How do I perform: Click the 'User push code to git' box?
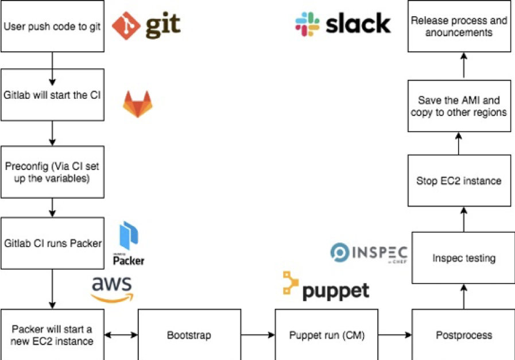(x=52, y=26)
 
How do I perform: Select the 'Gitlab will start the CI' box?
(x=52, y=95)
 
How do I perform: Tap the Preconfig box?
(x=52, y=172)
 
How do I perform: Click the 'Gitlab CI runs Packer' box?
(x=52, y=243)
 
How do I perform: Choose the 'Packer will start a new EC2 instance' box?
(x=52, y=335)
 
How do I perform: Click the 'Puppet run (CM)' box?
(x=326, y=335)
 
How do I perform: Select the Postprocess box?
(x=463, y=335)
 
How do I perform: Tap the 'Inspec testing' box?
(x=463, y=258)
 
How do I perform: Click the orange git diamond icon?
(x=126, y=25)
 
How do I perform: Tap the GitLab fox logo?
(x=137, y=104)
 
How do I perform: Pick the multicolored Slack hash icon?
(x=307, y=24)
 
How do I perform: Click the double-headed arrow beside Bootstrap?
(x=121, y=335)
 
